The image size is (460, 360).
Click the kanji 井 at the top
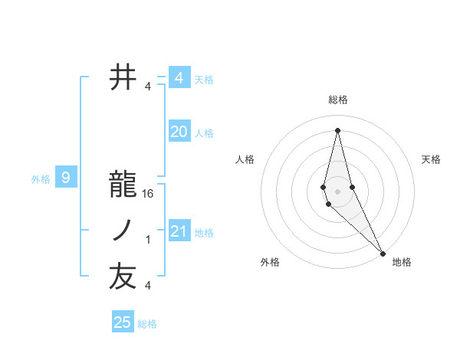tap(123, 77)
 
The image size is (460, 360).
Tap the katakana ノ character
tap(123, 231)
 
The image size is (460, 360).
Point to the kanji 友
tap(123, 277)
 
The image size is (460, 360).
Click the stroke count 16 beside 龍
tap(148, 194)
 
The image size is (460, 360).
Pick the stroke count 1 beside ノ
tap(148, 240)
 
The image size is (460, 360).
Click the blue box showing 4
tap(179, 78)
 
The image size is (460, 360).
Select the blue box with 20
tap(179, 132)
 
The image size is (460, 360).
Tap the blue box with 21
tap(179, 231)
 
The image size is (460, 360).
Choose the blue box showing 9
tap(66, 178)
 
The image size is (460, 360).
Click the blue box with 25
tap(123, 322)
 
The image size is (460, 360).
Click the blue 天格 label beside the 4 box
tap(204, 80)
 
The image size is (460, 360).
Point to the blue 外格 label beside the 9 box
tap(41, 180)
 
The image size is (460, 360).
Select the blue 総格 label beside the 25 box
tap(147, 324)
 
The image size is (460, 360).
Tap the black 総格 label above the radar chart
tap(337, 100)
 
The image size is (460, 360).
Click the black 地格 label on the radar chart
tap(402, 262)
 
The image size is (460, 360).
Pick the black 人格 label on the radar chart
tap(245, 159)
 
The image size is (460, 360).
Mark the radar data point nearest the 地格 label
tap(383, 251)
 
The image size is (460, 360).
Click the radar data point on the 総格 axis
tap(337, 129)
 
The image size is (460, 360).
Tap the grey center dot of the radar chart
tap(337, 191)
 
